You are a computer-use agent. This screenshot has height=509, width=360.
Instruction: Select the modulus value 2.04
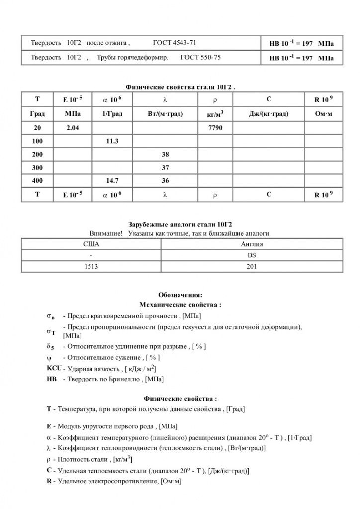[x=73, y=128]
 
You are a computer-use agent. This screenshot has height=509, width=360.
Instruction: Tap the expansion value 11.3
[x=112, y=141]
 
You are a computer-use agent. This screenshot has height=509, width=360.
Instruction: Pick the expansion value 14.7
[x=112, y=181]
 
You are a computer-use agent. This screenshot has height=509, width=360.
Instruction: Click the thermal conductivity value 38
[x=166, y=155]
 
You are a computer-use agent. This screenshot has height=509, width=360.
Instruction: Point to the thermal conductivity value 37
[x=166, y=168]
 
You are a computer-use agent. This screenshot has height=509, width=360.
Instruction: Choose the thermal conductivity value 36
[x=166, y=181]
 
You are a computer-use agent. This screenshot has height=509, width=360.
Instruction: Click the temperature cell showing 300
[x=37, y=168]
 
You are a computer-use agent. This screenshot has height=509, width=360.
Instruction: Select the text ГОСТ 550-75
[x=201, y=58]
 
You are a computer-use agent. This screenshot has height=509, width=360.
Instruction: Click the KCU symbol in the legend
[x=53, y=368]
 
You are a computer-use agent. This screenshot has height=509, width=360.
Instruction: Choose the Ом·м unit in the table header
[x=323, y=114]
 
